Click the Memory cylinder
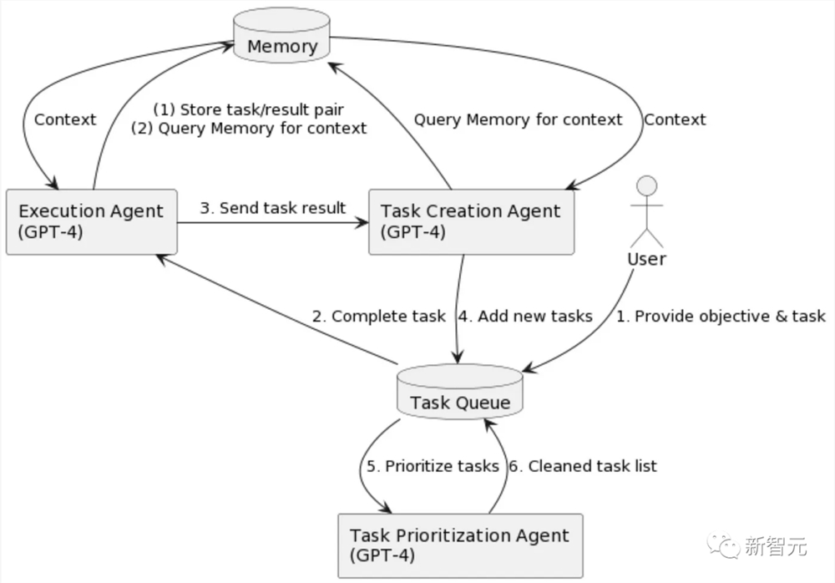[x=281, y=35]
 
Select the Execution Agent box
[x=92, y=221]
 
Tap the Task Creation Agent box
[x=471, y=221]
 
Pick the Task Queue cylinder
[x=460, y=391]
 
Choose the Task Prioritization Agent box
[x=461, y=545]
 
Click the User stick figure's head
[x=647, y=185]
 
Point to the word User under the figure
[x=646, y=259]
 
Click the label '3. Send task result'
[x=273, y=208]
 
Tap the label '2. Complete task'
[x=378, y=317]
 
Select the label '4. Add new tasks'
[x=525, y=317]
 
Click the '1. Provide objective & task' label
[x=721, y=317]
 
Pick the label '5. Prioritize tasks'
[x=433, y=466]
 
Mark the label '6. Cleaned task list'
[x=583, y=466]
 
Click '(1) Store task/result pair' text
[x=249, y=109]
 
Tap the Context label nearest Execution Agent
[x=65, y=119]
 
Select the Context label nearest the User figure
[x=675, y=119]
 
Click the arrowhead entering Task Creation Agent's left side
[x=362, y=222]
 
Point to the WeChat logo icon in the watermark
[x=722, y=545]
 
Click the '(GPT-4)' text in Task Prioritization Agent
[x=382, y=555]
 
